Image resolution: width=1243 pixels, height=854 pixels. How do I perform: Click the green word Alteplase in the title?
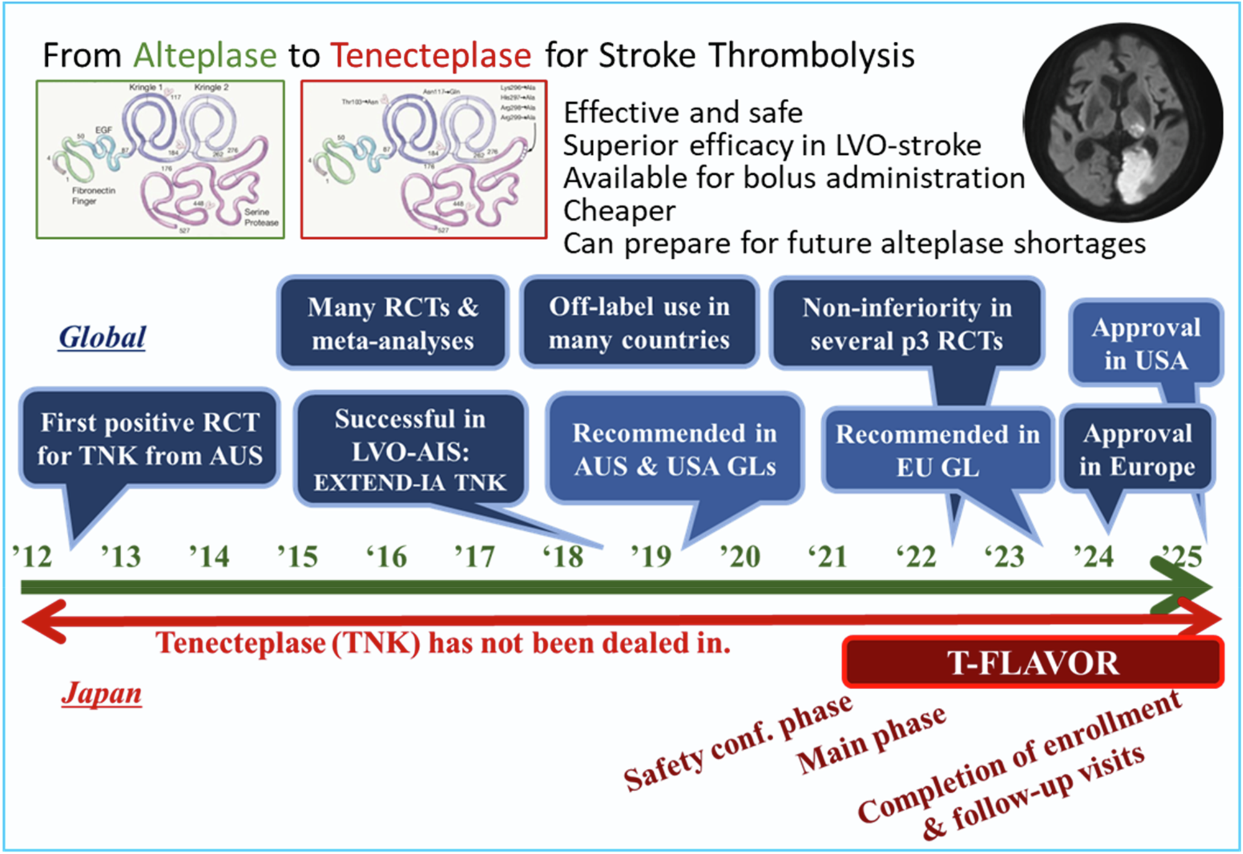pyautogui.click(x=204, y=55)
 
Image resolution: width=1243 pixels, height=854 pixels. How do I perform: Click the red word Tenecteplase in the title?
pyautogui.click(x=431, y=55)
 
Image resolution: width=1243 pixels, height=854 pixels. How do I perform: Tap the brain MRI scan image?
pyautogui.click(x=1122, y=123)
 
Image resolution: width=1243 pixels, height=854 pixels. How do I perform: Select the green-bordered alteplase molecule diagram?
pyautogui.click(x=160, y=159)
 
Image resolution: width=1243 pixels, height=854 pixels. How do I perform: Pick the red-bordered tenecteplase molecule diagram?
pyautogui.click(x=424, y=159)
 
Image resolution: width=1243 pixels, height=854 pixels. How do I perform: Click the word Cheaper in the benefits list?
pyautogui.click(x=619, y=211)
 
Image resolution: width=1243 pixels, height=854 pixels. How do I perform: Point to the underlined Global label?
pyautogui.click(x=102, y=338)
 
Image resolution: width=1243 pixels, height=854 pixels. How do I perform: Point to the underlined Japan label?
pyautogui.click(x=101, y=693)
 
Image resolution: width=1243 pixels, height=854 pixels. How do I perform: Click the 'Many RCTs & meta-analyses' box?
pyautogui.click(x=393, y=323)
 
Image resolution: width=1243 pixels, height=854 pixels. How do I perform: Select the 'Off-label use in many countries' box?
pyautogui.click(x=639, y=323)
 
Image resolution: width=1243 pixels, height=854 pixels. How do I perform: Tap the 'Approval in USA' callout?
pyautogui.click(x=1145, y=343)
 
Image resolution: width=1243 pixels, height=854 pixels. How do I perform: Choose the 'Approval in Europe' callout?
pyautogui.click(x=1137, y=449)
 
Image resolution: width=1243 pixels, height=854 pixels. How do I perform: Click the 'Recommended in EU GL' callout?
pyautogui.click(x=937, y=450)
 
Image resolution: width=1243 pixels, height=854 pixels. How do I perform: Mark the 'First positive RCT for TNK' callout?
pyautogui.click(x=149, y=439)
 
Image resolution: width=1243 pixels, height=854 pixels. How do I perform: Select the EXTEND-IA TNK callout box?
pyautogui.click(x=410, y=450)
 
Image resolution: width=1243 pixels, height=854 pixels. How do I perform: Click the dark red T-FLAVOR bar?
pyautogui.click(x=1033, y=662)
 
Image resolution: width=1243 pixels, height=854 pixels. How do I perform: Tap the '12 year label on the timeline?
pyautogui.click(x=32, y=556)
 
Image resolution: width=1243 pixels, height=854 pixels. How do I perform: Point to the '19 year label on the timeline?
pyautogui.click(x=651, y=556)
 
